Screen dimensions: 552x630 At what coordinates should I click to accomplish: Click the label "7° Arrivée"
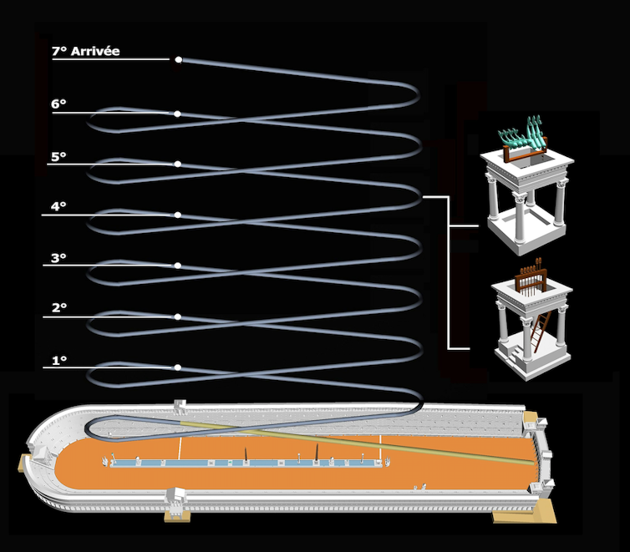pyautogui.click(x=85, y=52)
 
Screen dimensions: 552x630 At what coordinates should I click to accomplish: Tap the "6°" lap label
pyautogui.click(x=58, y=104)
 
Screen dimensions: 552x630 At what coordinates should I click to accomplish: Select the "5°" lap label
pyautogui.click(x=58, y=156)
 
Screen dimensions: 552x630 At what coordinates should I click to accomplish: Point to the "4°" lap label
pyautogui.click(x=58, y=206)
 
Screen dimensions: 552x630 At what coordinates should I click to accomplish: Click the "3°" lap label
pyautogui.click(x=58, y=258)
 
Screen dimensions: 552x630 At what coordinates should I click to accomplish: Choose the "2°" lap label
pyautogui.click(x=58, y=308)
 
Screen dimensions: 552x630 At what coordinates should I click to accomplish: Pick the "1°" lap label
pyautogui.click(x=58, y=361)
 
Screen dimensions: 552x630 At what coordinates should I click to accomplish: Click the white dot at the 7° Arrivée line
pyautogui.click(x=178, y=60)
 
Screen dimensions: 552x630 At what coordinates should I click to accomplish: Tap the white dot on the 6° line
pyautogui.click(x=178, y=114)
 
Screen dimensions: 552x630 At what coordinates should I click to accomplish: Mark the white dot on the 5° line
pyautogui.click(x=178, y=164)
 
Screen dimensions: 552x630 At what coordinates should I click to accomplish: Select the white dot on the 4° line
pyautogui.click(x=178, y=215)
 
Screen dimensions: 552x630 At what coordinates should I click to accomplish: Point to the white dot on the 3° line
pyautogui.click(x=178, y=266)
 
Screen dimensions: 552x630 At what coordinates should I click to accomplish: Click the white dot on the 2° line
pyautogui.click(x=178, y=317)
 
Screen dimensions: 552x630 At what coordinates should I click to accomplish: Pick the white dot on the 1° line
pyautogui.click(x=178, y=367)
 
